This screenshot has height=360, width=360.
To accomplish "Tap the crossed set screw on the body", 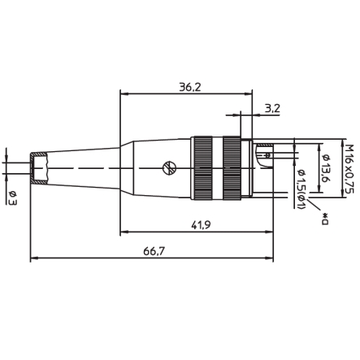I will point(168,168).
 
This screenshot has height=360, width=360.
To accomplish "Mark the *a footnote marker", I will point(325,216).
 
